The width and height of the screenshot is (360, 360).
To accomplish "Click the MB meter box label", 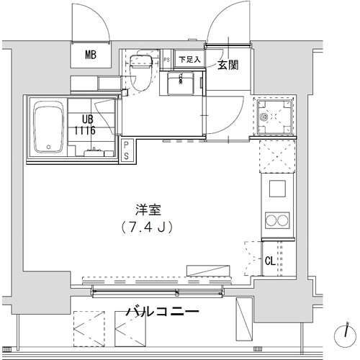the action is (91, 55).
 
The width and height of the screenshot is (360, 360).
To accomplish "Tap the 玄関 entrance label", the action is (228, 65).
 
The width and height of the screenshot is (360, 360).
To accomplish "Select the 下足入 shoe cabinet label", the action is (189, 60).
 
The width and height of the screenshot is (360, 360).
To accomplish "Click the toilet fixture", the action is (140, 72).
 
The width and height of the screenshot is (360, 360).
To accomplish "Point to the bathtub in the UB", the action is (49, 127).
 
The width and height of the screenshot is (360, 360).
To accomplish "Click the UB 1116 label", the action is (85, 125).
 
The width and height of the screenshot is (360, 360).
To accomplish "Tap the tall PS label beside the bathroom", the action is (126, 151).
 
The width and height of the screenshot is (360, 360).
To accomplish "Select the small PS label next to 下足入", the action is (166, 60).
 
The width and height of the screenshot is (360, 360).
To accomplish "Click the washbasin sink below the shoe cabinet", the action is (181, 84).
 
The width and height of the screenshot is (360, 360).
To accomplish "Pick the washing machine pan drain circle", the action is (264, 117).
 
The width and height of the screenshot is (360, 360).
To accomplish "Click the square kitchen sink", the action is (277, 189).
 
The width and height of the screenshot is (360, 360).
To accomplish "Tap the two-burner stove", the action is (277, 220).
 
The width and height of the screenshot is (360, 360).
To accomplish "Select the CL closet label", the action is (270, 261).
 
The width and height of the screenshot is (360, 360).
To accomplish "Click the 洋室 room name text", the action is (148, 210).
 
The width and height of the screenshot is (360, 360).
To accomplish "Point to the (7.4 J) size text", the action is (147, 227).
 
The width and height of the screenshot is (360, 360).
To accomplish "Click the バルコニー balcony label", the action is (163, 312).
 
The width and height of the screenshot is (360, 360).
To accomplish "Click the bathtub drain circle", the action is (49, 146).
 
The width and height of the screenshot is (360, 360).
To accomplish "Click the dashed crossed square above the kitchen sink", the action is (277, 156).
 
